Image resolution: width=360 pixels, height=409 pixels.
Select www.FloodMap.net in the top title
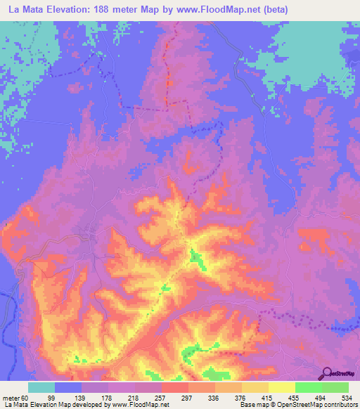(211, 11)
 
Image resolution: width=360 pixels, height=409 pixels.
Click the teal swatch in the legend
(41, 387)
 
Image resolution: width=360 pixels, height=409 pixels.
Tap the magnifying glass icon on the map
(326, 372)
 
